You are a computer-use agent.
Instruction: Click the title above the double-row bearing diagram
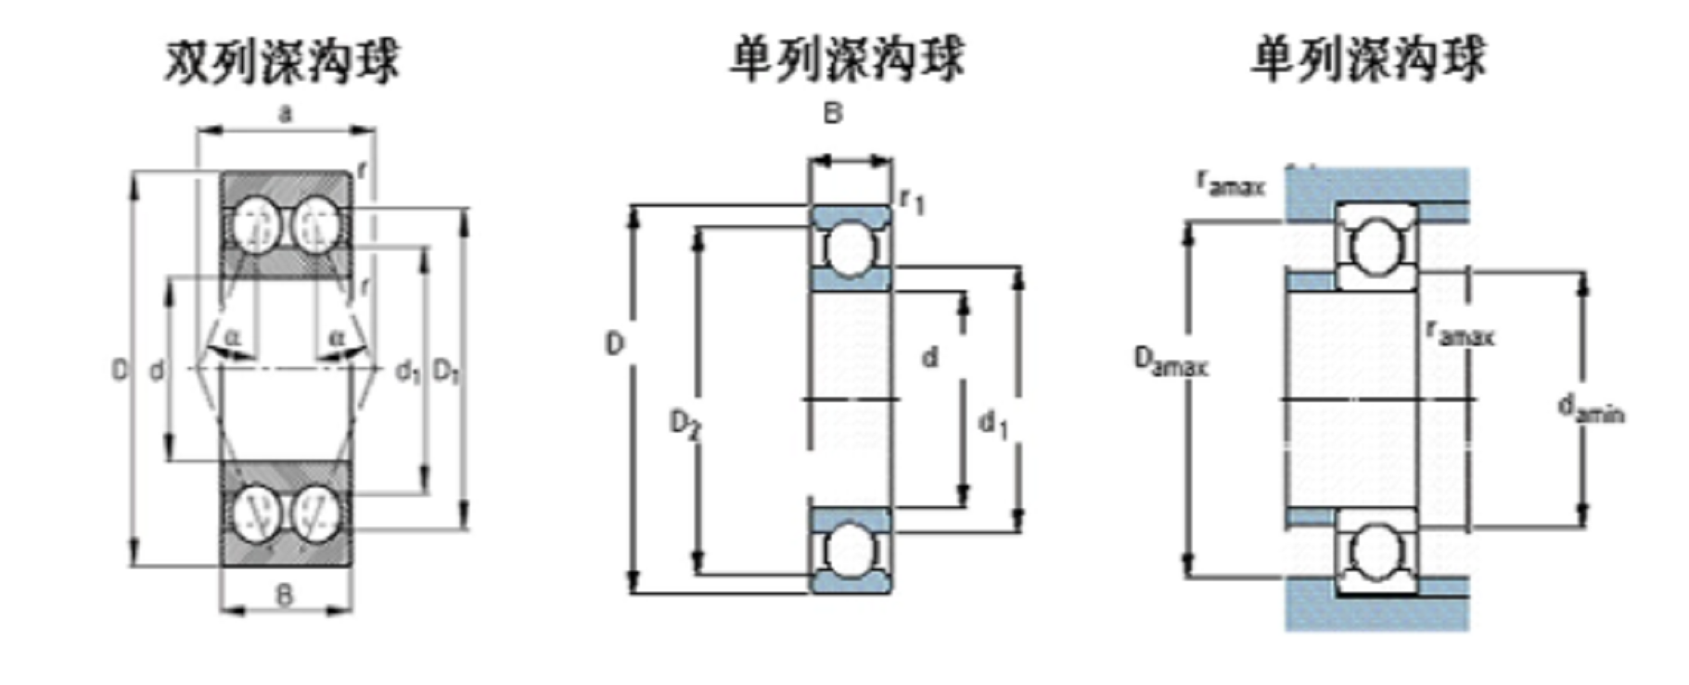click(282, 61)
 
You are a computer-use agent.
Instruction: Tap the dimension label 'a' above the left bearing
click(285, 114)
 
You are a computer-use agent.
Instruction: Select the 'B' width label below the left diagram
click(285, 595)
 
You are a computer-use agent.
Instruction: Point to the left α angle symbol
click(233, 337)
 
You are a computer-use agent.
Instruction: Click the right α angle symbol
click(337, 337)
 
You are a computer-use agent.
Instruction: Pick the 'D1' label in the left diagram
click(446, 372)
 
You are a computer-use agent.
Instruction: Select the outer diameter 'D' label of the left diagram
click(120, 371)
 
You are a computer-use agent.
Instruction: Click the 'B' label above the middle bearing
click(833, 114)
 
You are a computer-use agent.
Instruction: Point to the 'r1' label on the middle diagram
click(913, 199)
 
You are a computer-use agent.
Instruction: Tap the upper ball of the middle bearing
click(850, 248)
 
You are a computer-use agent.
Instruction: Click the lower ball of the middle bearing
click(850, 550)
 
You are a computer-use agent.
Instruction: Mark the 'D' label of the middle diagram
click(615, 345)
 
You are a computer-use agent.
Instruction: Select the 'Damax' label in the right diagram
click(1171, 361)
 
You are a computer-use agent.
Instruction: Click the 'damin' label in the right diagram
click(1590, 408)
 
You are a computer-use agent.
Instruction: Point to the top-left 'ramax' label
click(1230, 183)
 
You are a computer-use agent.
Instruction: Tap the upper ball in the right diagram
click(1376, 246)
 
